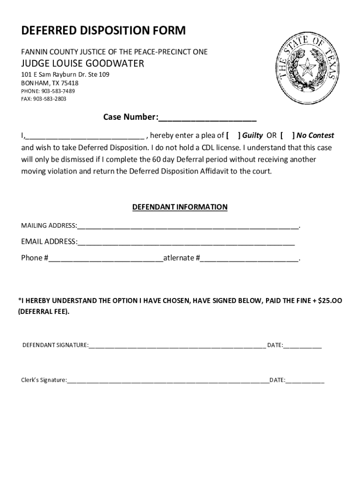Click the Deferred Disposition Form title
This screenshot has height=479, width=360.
(x=103, y=31)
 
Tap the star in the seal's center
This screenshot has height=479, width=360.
(x=307, y=70)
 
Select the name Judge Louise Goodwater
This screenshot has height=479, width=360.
(x=82, y=63)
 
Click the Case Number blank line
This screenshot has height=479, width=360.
(x=207, y=117)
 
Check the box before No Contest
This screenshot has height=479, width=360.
(x=287, y=136)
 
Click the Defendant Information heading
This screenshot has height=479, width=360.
(x=180, y=207)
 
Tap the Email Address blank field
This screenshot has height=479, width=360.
(x=186, y=242)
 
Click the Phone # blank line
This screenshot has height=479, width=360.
(x=105, y=258)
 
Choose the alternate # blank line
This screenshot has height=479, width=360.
(x=249, y=258)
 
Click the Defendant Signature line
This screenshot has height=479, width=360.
(x=177, y=346)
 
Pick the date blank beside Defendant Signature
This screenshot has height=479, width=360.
(x=302, y=346)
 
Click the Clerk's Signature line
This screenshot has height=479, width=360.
(x=168, y=380)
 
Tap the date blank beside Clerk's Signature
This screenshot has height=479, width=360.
(x=305, y=380)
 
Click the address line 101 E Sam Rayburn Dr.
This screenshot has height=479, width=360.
(x=65, y=75)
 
